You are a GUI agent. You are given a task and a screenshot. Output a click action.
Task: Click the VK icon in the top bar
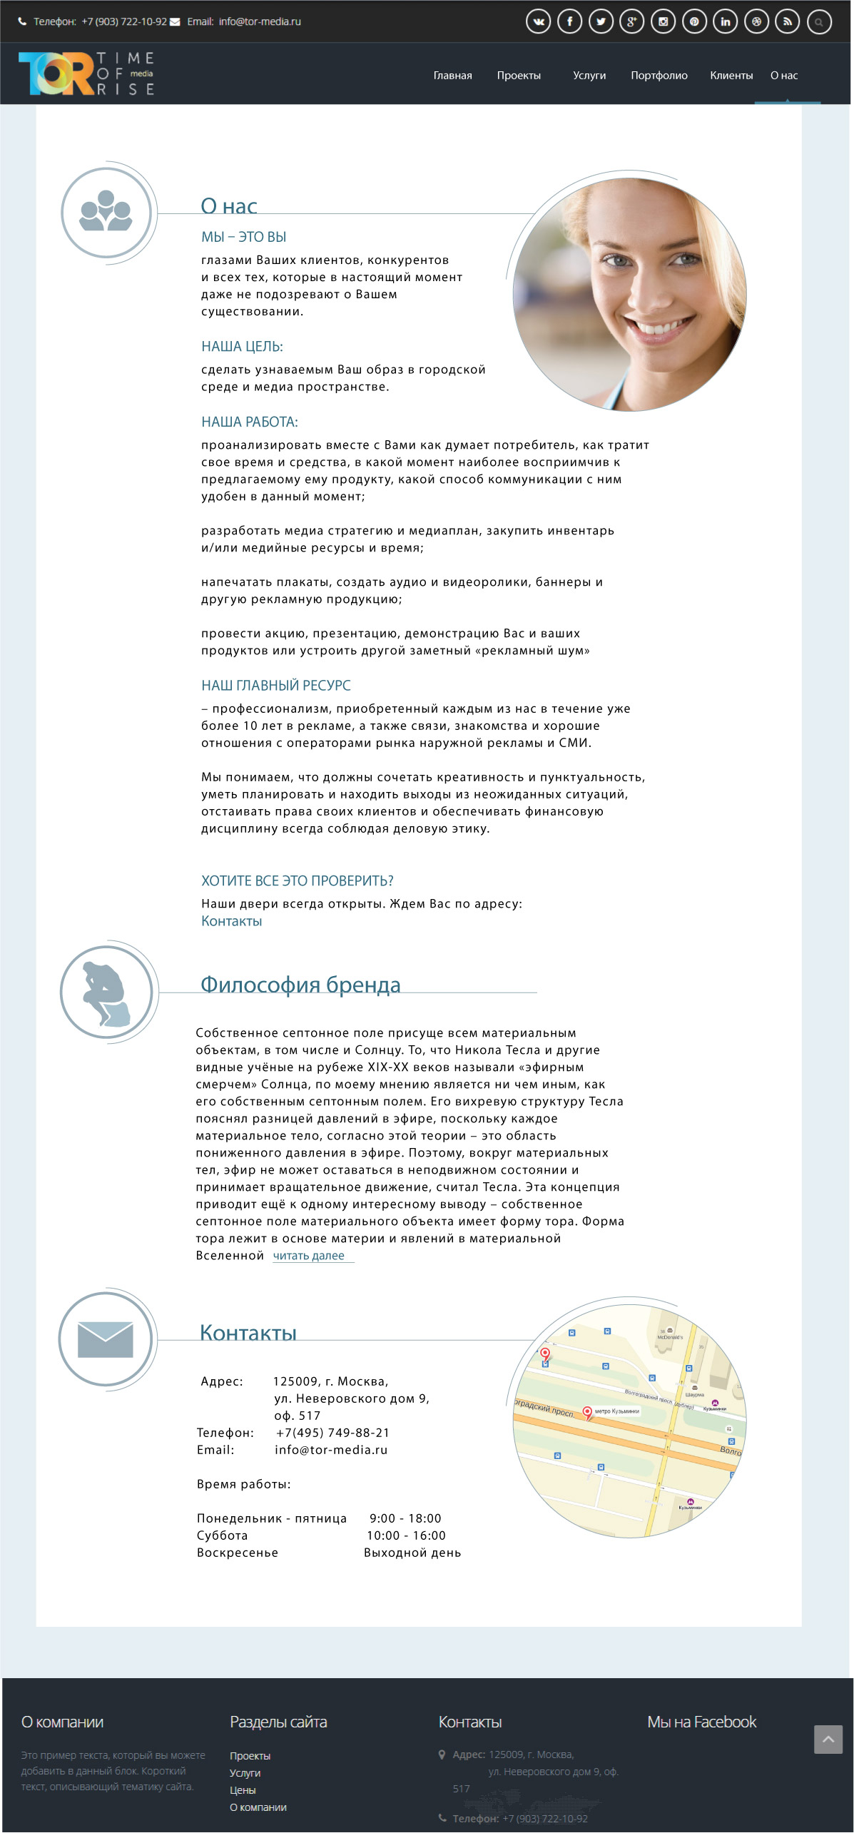click(539, 21)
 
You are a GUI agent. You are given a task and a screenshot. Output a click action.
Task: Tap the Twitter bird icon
click(601, 21)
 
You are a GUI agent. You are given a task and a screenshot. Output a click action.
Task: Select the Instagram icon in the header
click(663, 21)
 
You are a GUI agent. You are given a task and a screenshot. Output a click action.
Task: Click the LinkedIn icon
click(725, 21)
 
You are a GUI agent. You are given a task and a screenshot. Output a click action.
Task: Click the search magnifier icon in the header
click(819, 22)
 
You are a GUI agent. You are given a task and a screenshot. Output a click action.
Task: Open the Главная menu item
click(452, 76)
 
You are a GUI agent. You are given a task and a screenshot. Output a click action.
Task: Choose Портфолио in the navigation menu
click(659, 76)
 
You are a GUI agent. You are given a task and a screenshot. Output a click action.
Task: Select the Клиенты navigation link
click(731, 76)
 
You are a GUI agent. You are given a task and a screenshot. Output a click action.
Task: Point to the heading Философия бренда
click(300, 985)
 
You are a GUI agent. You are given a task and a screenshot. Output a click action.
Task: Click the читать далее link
click(309, 1255)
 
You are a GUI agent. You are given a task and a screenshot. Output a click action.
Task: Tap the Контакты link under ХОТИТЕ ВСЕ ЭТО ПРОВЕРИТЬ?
click(231, 921)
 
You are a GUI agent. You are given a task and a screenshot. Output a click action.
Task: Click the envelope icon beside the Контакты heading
click(106, 1339)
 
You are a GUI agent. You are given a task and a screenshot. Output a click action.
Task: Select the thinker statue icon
click(106, 992)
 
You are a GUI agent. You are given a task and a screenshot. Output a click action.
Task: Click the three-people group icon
click(106, 212)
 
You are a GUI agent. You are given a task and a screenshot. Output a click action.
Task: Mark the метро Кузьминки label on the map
click(616, 1411)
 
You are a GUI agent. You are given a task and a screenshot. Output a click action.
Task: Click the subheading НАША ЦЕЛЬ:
click(242, 347)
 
